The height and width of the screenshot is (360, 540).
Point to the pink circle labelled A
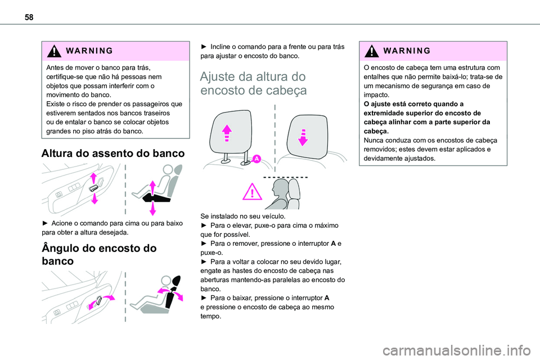point(256,159)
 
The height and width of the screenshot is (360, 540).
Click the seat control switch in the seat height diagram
point(94,187)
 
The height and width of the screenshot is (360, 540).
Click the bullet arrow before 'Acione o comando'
point(38,223)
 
